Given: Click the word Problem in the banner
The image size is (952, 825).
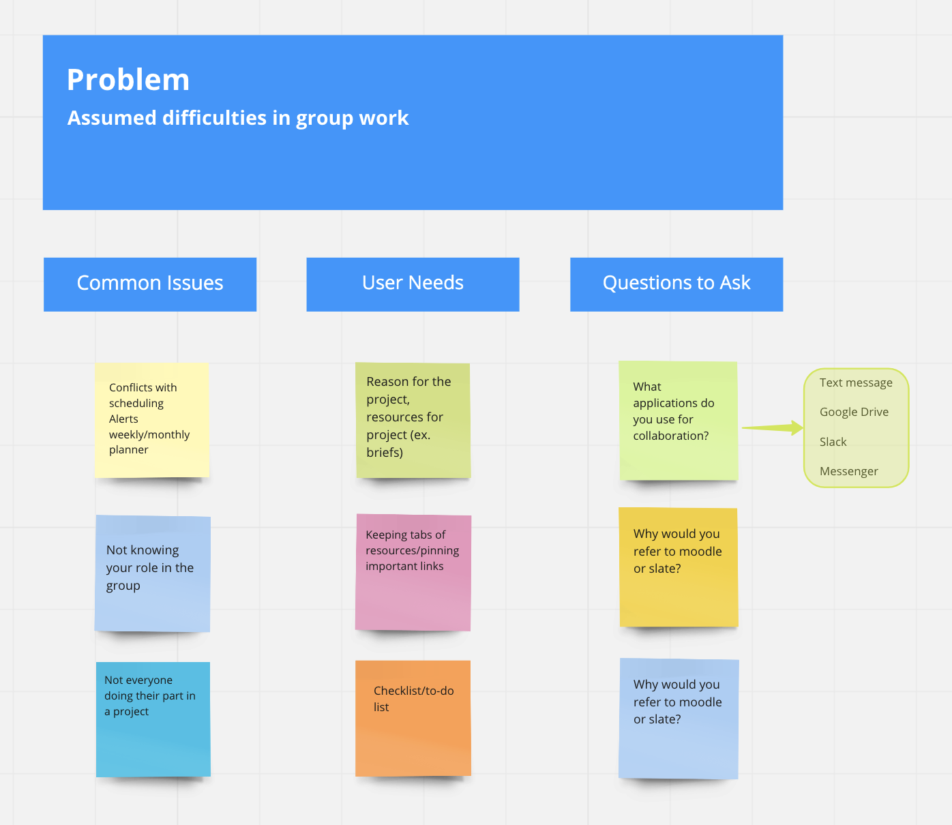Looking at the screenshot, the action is pos(128,80).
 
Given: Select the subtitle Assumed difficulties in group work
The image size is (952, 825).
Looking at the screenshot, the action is pos(237,118).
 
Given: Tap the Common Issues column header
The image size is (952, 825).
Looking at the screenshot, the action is pos(150,284).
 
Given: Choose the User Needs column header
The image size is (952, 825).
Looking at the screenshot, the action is pos(413,284).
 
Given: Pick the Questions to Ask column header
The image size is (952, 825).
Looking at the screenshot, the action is pos(676,284).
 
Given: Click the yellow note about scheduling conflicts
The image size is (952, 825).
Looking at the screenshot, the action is pos(152,420).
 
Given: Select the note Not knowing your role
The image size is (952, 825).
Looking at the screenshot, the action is pos(153,573).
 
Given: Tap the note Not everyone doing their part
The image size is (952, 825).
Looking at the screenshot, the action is pos(153,719).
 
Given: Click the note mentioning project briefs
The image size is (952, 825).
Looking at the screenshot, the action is pos(413,420).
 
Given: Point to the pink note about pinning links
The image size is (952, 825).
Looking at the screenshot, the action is pos(413,572).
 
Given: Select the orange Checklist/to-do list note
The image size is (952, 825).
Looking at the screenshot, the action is pos(413,718).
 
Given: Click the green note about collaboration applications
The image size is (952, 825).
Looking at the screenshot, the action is pos(679,421).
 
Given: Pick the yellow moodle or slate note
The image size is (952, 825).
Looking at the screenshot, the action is pos(679,567).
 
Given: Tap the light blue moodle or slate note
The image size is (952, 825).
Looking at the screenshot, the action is pos(679,719).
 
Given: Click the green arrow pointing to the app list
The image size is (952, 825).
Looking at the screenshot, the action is pos(773,427).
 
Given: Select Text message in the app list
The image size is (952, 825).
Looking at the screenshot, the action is pos(856,382).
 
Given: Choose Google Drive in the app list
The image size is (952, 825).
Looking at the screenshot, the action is pos(854,412).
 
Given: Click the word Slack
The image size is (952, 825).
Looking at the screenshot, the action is pos(833,442).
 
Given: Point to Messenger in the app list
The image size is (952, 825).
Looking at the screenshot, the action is pos(849,471).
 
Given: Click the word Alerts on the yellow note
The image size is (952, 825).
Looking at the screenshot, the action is pos(123,419).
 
